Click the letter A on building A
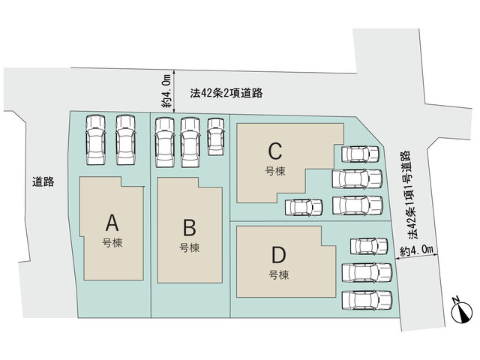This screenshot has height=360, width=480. [x=112, y=223]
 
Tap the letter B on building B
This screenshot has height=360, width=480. [x=190, y=228]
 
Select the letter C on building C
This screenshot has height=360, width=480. [x=275, y=151]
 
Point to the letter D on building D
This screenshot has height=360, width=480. [x=279, y=255]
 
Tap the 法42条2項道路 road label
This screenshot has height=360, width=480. [x=226, y=93]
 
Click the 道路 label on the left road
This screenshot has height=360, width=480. [x=43, y=181]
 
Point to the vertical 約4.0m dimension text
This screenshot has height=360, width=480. [x=166, y=91]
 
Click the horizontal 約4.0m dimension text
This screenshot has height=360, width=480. [x=417, y=251]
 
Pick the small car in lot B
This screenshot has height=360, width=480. [x=216, y=136]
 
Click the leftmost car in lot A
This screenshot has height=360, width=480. [x=96, y=140]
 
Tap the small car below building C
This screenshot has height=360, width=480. [x=304, y=207]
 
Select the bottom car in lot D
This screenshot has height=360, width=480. [x=367, y=300]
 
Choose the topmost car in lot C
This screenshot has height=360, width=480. [x=360, y=154]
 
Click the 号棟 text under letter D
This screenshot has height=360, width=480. [x=279, y=275]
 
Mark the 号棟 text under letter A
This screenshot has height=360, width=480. [x=112, y=243]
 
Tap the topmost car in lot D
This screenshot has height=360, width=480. [x=369, y=246]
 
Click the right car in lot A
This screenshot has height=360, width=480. [x=126, y=140]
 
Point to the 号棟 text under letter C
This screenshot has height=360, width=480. [x=275, y=171]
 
